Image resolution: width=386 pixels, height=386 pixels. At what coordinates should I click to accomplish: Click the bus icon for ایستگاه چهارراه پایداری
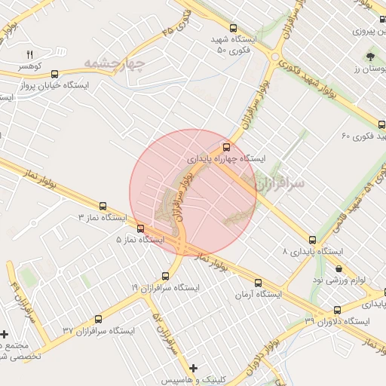[x=227, y=147]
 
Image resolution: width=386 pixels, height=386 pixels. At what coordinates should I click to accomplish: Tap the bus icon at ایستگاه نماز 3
[x=103, y=205]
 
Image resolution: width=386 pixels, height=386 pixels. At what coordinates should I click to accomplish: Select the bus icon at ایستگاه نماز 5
[x=140, y=228]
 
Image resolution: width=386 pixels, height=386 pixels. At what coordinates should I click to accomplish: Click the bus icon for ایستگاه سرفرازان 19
[x=165, y=276]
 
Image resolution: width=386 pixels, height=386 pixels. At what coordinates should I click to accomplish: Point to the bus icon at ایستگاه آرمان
[x=258, y=283]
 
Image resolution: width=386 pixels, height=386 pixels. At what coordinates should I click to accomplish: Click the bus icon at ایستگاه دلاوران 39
[x=336, y=309]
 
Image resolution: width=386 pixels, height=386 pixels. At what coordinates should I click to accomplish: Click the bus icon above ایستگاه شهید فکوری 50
[x=231, y=23]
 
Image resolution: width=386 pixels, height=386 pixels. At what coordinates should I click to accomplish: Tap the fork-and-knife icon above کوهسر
[x=30, y=54]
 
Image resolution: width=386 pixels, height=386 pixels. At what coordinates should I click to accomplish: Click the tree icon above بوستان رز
[x=370, y=57]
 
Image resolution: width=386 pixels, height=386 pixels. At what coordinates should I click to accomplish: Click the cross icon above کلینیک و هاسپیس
[x=194, y=369]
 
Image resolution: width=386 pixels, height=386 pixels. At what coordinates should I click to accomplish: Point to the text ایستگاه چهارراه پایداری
[x=227, y=160]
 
